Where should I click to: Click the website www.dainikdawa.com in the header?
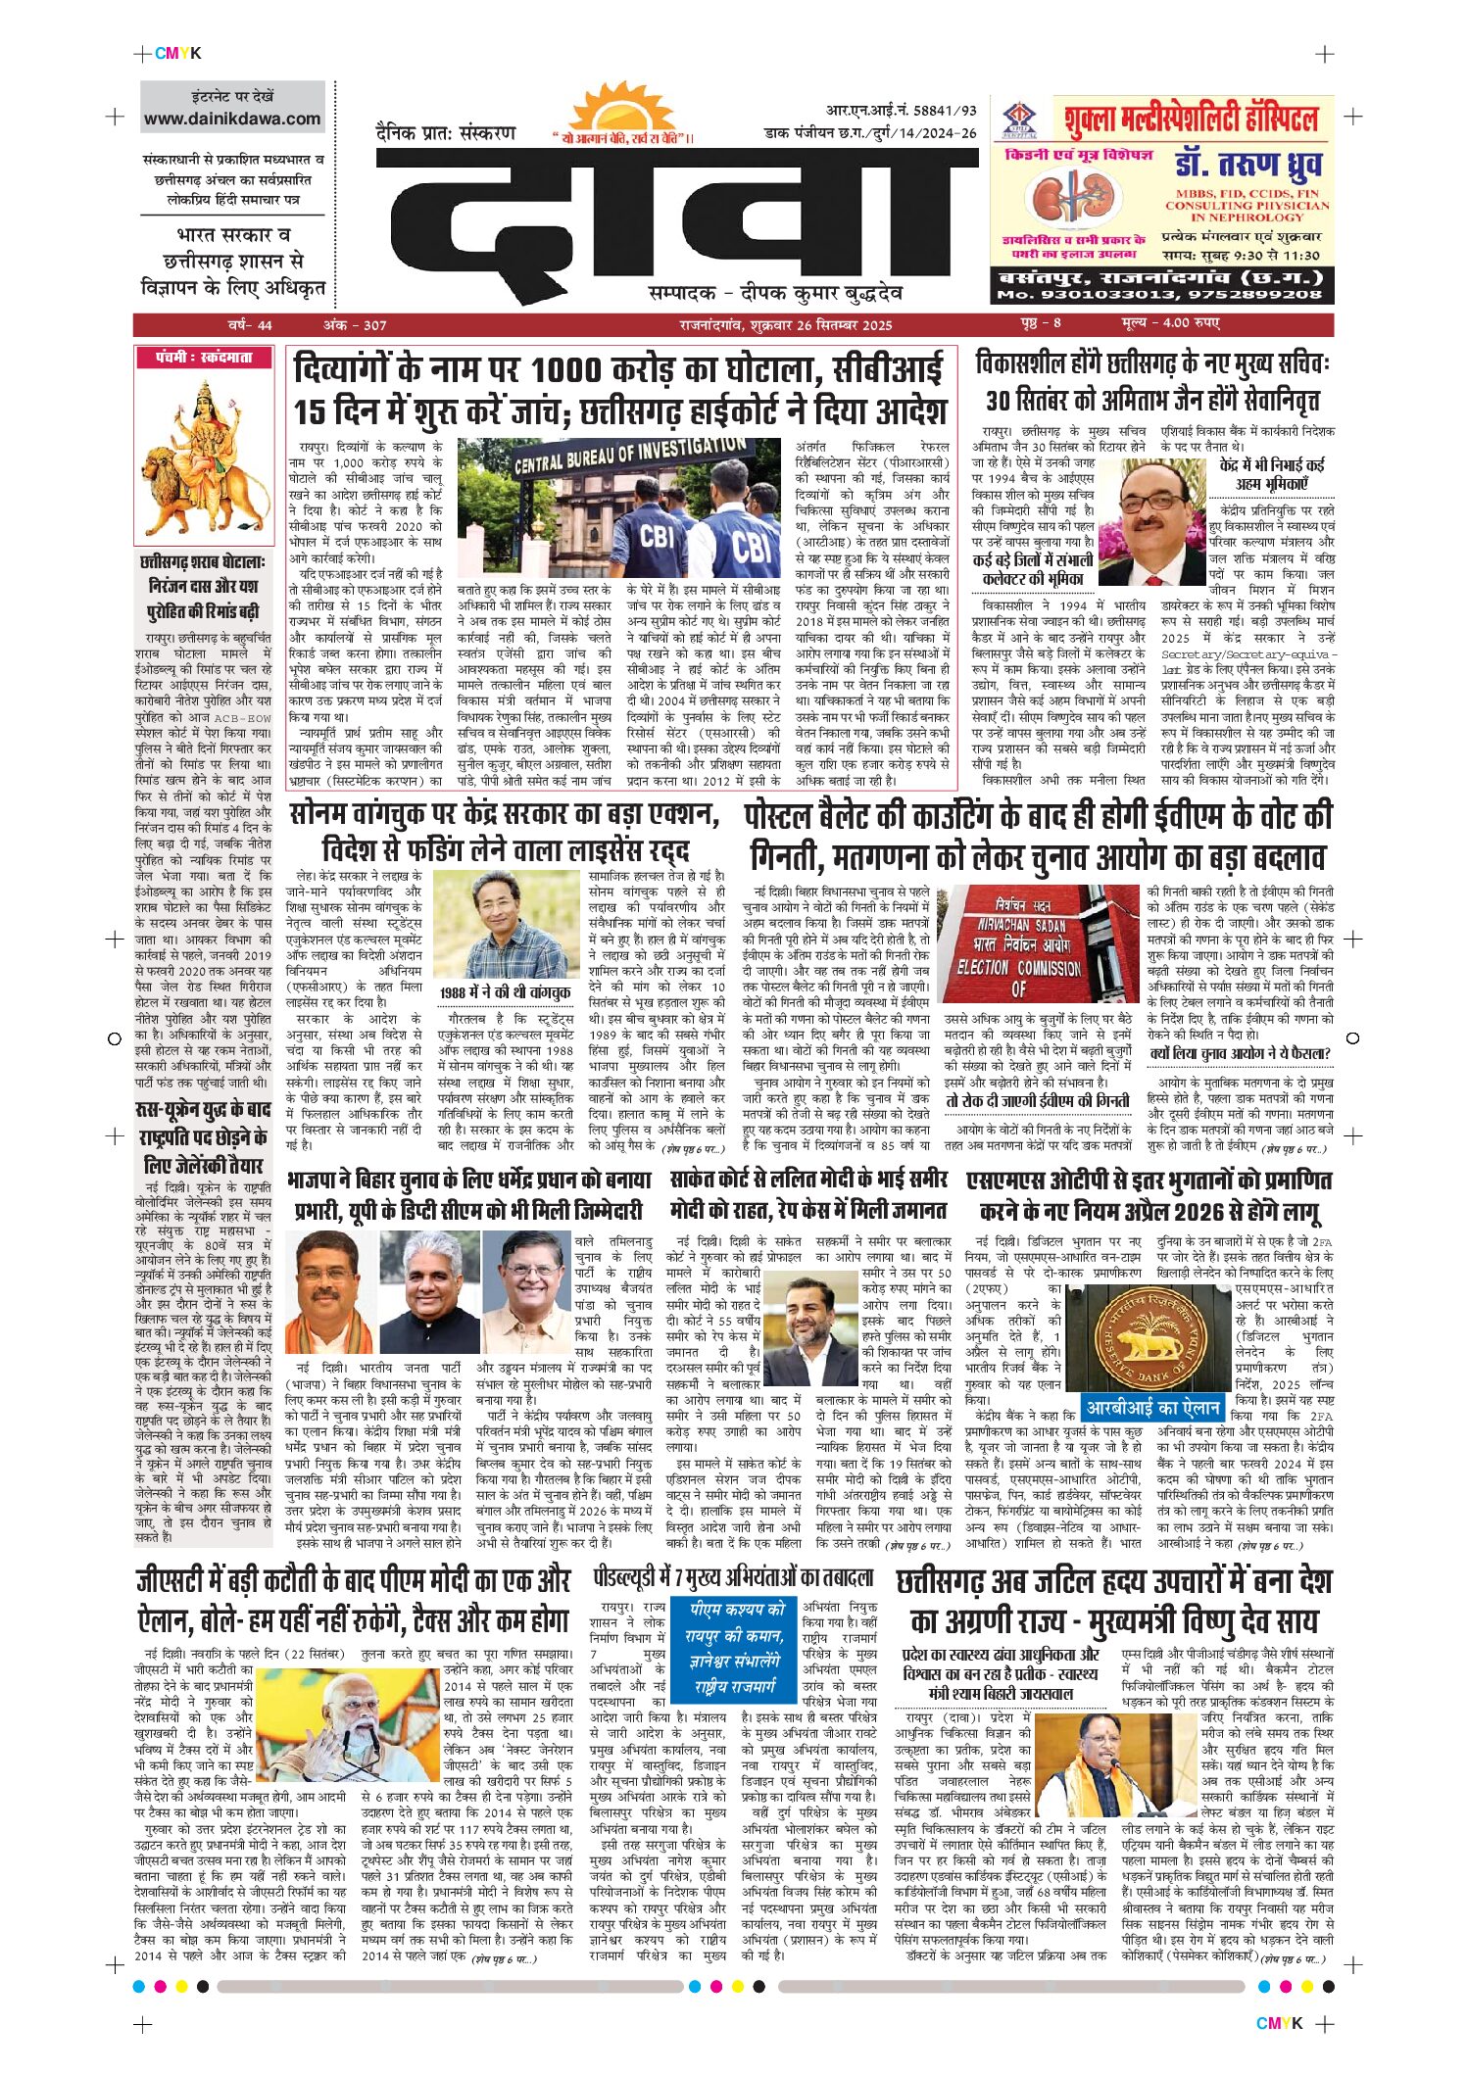pos(232,119)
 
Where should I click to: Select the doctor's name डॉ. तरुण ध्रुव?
pos(1247,165)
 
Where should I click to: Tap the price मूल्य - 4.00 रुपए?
pos(1170,324)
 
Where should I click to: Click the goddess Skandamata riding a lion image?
pos(205,455)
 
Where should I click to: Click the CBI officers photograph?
pos(618,507)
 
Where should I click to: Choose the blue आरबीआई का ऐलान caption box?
pos(1152,1408)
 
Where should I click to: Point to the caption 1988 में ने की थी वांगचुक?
pos(505,992)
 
